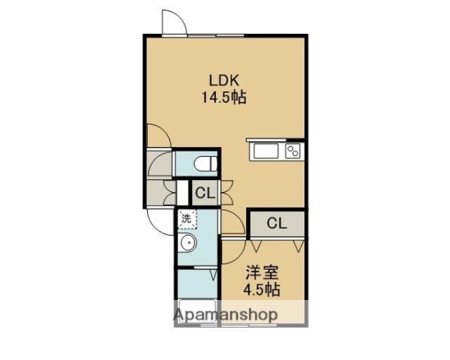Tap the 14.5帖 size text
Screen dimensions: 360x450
[224, 96]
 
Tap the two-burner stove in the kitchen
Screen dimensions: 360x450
[293, 151]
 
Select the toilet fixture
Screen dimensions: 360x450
[204, 163]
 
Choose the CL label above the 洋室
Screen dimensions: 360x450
[277, 223]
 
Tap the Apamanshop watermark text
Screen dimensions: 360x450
[228, 313]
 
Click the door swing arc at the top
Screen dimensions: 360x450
[172, 20]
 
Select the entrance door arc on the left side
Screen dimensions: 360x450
[159, 221]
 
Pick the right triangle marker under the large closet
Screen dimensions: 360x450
[299, 244]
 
